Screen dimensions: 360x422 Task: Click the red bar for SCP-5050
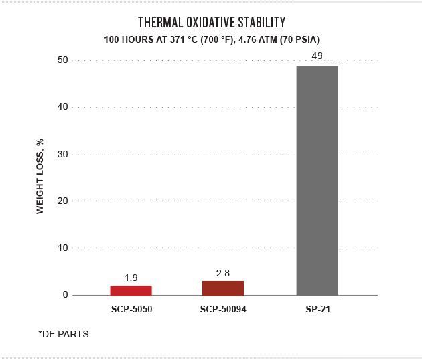tap(131, 290)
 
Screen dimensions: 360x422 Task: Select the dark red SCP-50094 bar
tap(223, 288)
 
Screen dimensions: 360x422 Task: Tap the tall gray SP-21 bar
tap(317, 181)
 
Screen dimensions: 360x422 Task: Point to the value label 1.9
tap(131, 278)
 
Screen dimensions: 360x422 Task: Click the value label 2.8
tap(223, 273)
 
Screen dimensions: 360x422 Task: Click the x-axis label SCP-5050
tap(131, 310)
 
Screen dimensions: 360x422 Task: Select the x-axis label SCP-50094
tap(223, 310)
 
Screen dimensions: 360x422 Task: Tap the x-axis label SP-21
tap(317, 310)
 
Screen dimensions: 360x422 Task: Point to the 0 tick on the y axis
tap(66, 295)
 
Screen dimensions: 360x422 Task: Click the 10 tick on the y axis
tap(63, 248)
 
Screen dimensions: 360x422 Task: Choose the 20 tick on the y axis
tap(63, 201)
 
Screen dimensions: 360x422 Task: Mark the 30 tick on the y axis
tap(63, 155)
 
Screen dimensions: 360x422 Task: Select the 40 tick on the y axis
tap(63, 107)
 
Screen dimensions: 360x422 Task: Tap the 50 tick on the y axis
tap(63, 60)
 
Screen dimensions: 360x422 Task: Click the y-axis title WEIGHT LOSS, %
tap(40, 177)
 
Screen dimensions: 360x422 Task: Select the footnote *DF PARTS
tap(64, 334)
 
